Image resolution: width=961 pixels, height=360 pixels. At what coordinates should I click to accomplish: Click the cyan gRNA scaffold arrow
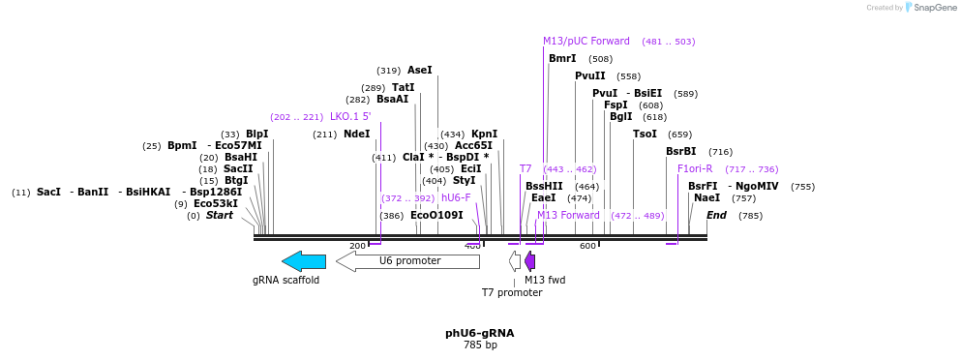point(304,261)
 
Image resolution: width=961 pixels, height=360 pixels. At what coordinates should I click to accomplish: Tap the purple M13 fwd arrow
point(529,261)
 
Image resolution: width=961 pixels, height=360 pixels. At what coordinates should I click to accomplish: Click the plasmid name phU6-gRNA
point(480,333)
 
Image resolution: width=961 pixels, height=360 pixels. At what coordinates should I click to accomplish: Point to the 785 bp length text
point(480,345)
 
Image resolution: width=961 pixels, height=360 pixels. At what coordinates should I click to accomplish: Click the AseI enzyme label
point(420,71)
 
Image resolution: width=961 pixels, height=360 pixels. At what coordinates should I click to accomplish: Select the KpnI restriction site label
point(484,135)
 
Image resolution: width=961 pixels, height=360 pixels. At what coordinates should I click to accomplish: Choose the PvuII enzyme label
point(589,75)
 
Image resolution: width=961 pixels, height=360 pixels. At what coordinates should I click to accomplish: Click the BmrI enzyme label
point(562,59)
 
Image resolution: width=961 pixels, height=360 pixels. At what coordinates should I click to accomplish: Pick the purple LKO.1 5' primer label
point(350,117)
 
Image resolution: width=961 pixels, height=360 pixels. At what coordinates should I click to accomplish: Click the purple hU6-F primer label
point(456,197)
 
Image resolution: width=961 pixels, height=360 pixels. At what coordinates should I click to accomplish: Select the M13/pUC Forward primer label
point(586,42)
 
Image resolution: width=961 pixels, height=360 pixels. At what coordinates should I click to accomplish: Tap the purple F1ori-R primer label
point(695,169)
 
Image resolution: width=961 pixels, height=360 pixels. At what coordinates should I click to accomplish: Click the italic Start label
point(220,215)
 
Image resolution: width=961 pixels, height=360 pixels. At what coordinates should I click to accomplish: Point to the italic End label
point(716,215)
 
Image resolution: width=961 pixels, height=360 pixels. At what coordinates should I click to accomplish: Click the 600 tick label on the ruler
point(587,247)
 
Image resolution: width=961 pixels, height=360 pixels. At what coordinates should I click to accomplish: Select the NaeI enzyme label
point(706,198)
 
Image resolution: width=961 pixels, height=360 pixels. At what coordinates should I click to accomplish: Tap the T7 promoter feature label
point(512,292)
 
